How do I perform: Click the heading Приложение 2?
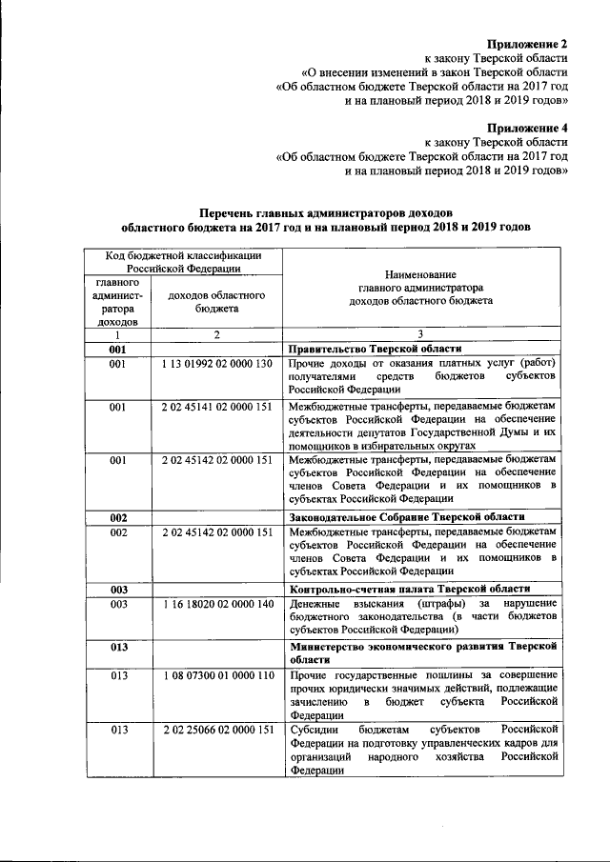click(x=527, y=44)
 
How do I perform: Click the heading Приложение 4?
click(x=527, y=127)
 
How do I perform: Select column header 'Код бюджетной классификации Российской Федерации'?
click(x=181, y=262)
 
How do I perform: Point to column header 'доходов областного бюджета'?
click(x=216, y=303)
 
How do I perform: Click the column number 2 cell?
click(x=216, y=334)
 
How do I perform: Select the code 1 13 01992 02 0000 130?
click(x=217, y=365)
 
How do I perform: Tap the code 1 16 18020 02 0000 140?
click(x=217, y=604)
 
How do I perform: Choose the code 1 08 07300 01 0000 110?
click(x=217, y=675)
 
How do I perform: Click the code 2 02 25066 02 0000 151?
click(x=217, y=731)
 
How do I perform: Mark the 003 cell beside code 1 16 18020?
click(x=118, y=604)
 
